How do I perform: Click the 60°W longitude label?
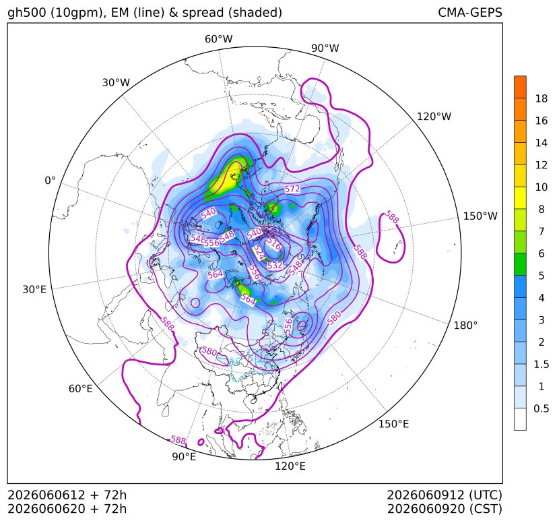click(x=218, y=39)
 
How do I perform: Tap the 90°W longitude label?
click(x=325, y=48)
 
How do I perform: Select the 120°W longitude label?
click(x=434, y=117)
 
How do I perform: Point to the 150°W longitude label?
click(x=480, y=216)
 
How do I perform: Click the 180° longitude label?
click(x=465, y=326)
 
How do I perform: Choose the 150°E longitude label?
click(x=393, y=424)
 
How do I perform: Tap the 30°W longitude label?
click(x=116, y=82)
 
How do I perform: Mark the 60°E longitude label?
click(x=81, y=389)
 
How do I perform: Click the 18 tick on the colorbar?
click(x=542, y=98)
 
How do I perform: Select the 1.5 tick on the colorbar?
click(x=542, y=364)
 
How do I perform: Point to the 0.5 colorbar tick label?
click(x=542, y=408)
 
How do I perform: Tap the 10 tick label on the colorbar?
click(x=542, y=187)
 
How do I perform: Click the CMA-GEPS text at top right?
click(x=470, y=12)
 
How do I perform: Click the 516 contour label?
click(x=274, y=244)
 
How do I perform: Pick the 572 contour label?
click(x=292, y=189)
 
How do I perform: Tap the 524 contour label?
click(x=259, y=253)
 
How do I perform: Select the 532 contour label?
click(x=275, y=266)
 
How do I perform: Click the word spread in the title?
click(x=202, y=13)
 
